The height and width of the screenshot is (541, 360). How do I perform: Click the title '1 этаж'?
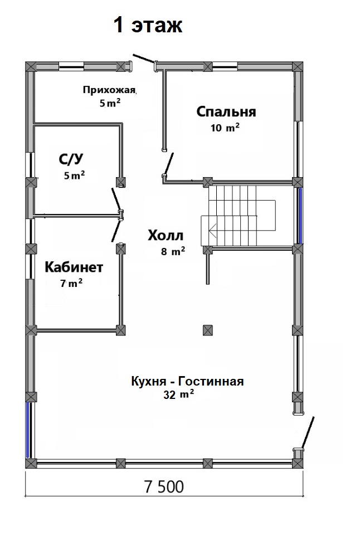pyautogui.click(x=148, y=25)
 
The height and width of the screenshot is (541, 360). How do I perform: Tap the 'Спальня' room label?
pyautogui.click(x=226, y=112)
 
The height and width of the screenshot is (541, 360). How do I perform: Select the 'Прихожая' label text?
pyautogui.click(x=110, y=90)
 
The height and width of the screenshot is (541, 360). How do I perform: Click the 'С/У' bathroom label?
pyautogui.click(x=71, y=159)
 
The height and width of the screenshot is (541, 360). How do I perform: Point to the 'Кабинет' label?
pyautogui.click(x=74, y=267)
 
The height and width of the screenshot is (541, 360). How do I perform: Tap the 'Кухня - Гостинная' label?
pyautogui.click(x=187, y=381)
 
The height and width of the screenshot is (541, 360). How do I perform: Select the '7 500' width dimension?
pyautogui.click(x=164, y=487)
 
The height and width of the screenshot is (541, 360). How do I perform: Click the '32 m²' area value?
pyautogui.click(x=178, y=394)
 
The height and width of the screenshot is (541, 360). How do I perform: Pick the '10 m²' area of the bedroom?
pyautogui.click(x=225, y=128)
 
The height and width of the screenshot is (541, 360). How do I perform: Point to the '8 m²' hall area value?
pyautogui.click(x=173, y=251)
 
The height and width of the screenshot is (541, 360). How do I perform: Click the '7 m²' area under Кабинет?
pyautogui.click(x=71, y=283)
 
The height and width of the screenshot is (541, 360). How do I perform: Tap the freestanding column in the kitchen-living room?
pyautogui.click(x=208, y=330)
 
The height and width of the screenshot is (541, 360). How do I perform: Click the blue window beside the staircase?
pyautogui.click(x=300, y=216)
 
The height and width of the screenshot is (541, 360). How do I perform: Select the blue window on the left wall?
pyautogui.click(x=28, y=430)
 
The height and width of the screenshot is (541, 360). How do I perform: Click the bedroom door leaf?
pyautogui.click(x=169, y=164)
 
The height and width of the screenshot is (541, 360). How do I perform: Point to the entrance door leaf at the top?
pyautogui.click(x=144, y=59)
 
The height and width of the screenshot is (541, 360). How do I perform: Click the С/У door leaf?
pyautogui.click(x=116, y=199)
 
